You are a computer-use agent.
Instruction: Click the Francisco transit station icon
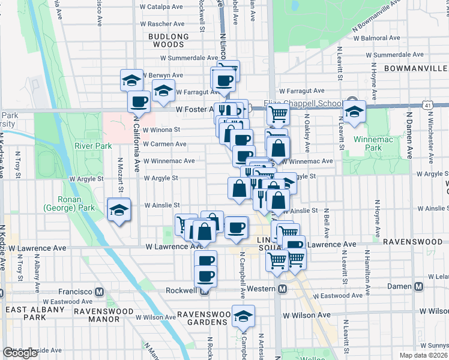click(x=100, y=292)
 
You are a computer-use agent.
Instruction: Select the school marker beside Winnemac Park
click(x=354, y=112)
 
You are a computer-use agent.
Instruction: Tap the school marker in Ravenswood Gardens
click(x=243, y=316)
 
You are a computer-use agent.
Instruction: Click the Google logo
click(x=20, y=353)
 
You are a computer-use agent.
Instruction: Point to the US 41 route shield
click(x=426, y=104)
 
